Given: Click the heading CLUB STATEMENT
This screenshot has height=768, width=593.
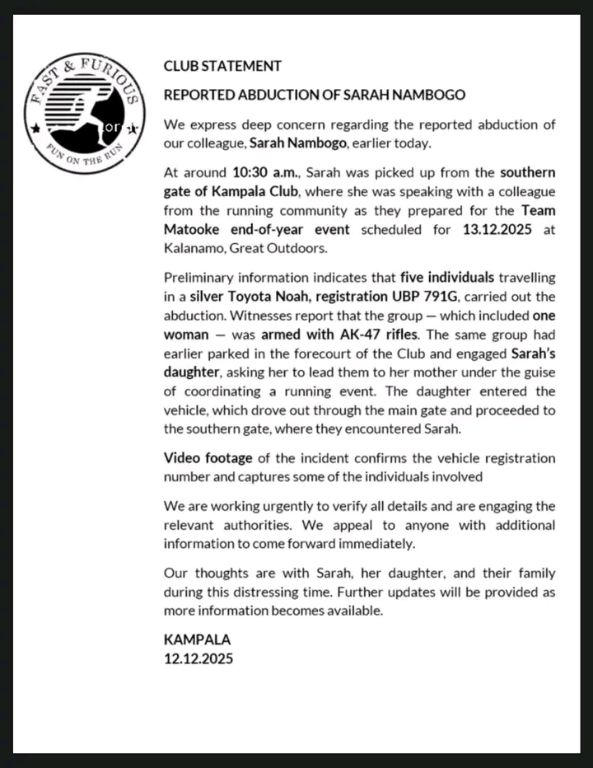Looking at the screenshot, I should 222,66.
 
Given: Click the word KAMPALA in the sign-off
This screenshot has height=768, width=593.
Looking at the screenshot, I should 197,639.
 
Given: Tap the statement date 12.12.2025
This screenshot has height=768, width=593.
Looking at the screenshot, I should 198,658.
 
